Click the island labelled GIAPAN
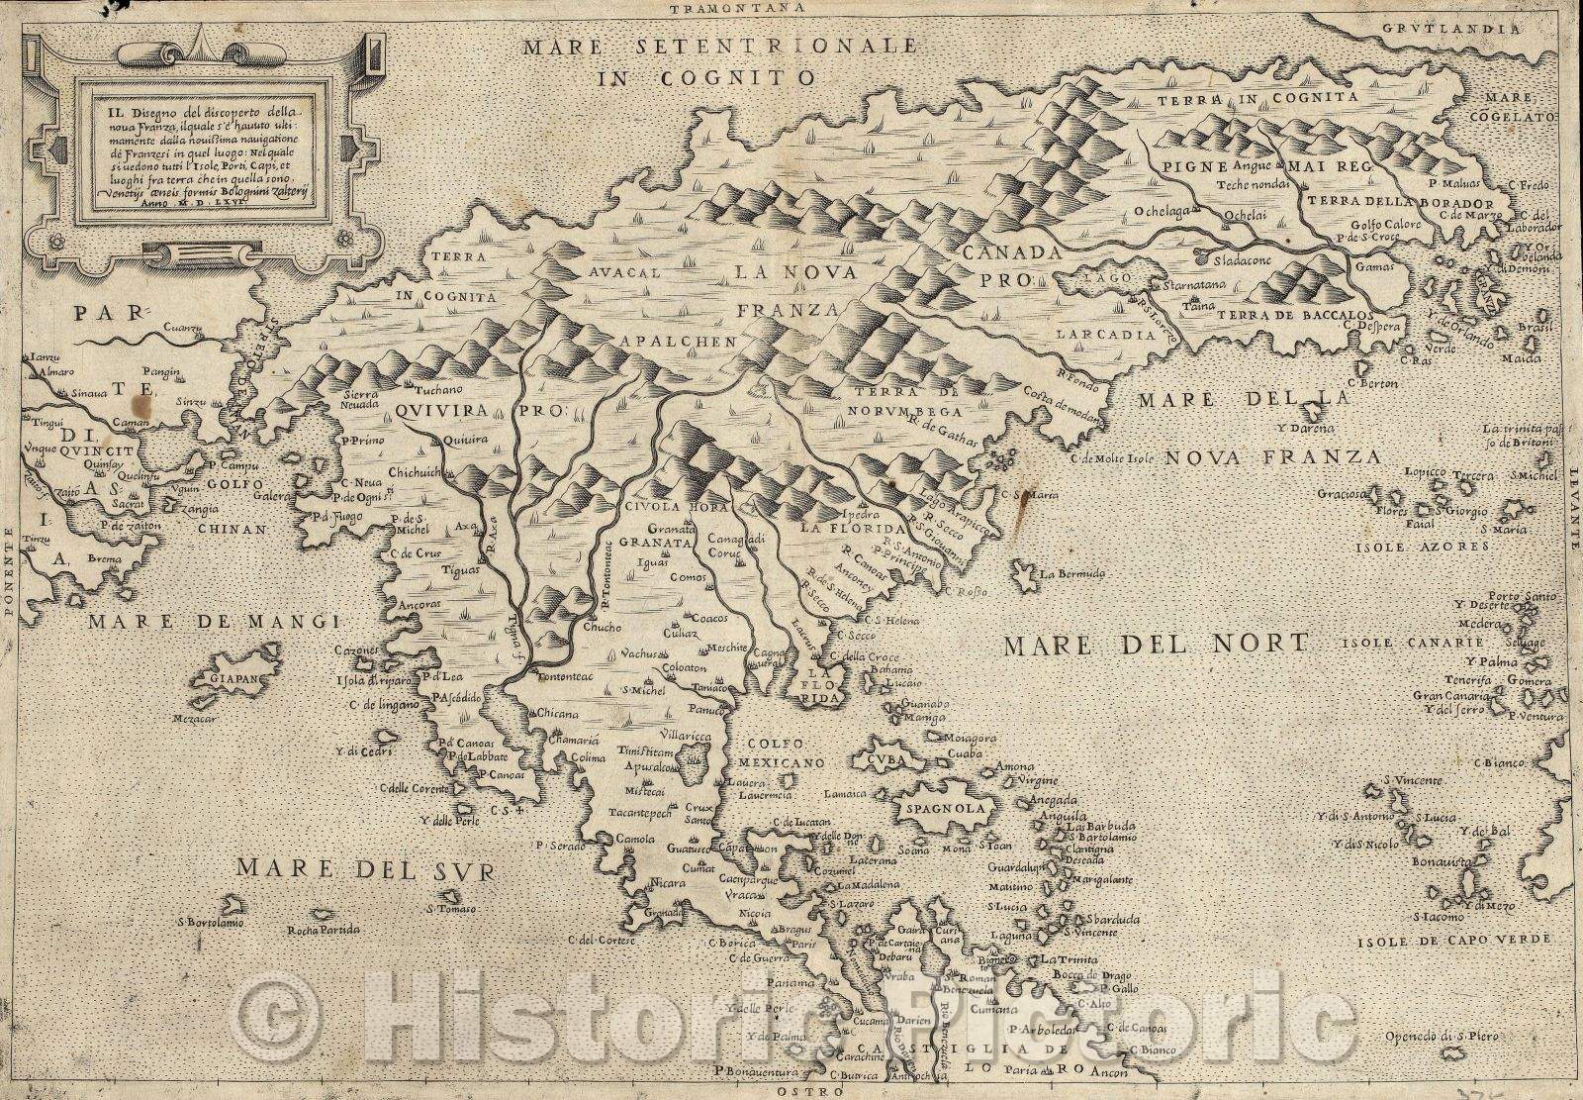tap(228, 680)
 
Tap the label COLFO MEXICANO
tap(786, 752)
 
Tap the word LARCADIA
tap(1105, 335)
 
